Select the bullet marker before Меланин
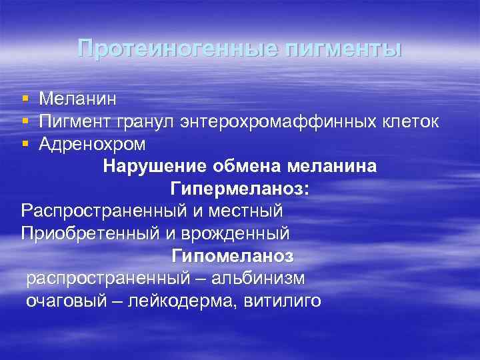point(25,99)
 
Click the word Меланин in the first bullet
point(78,99)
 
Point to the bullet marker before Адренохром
point(25,144)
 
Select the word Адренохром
point(93,144)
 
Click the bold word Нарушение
point(147,167)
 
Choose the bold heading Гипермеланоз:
point(240,189)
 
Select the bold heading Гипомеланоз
point(233,256)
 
